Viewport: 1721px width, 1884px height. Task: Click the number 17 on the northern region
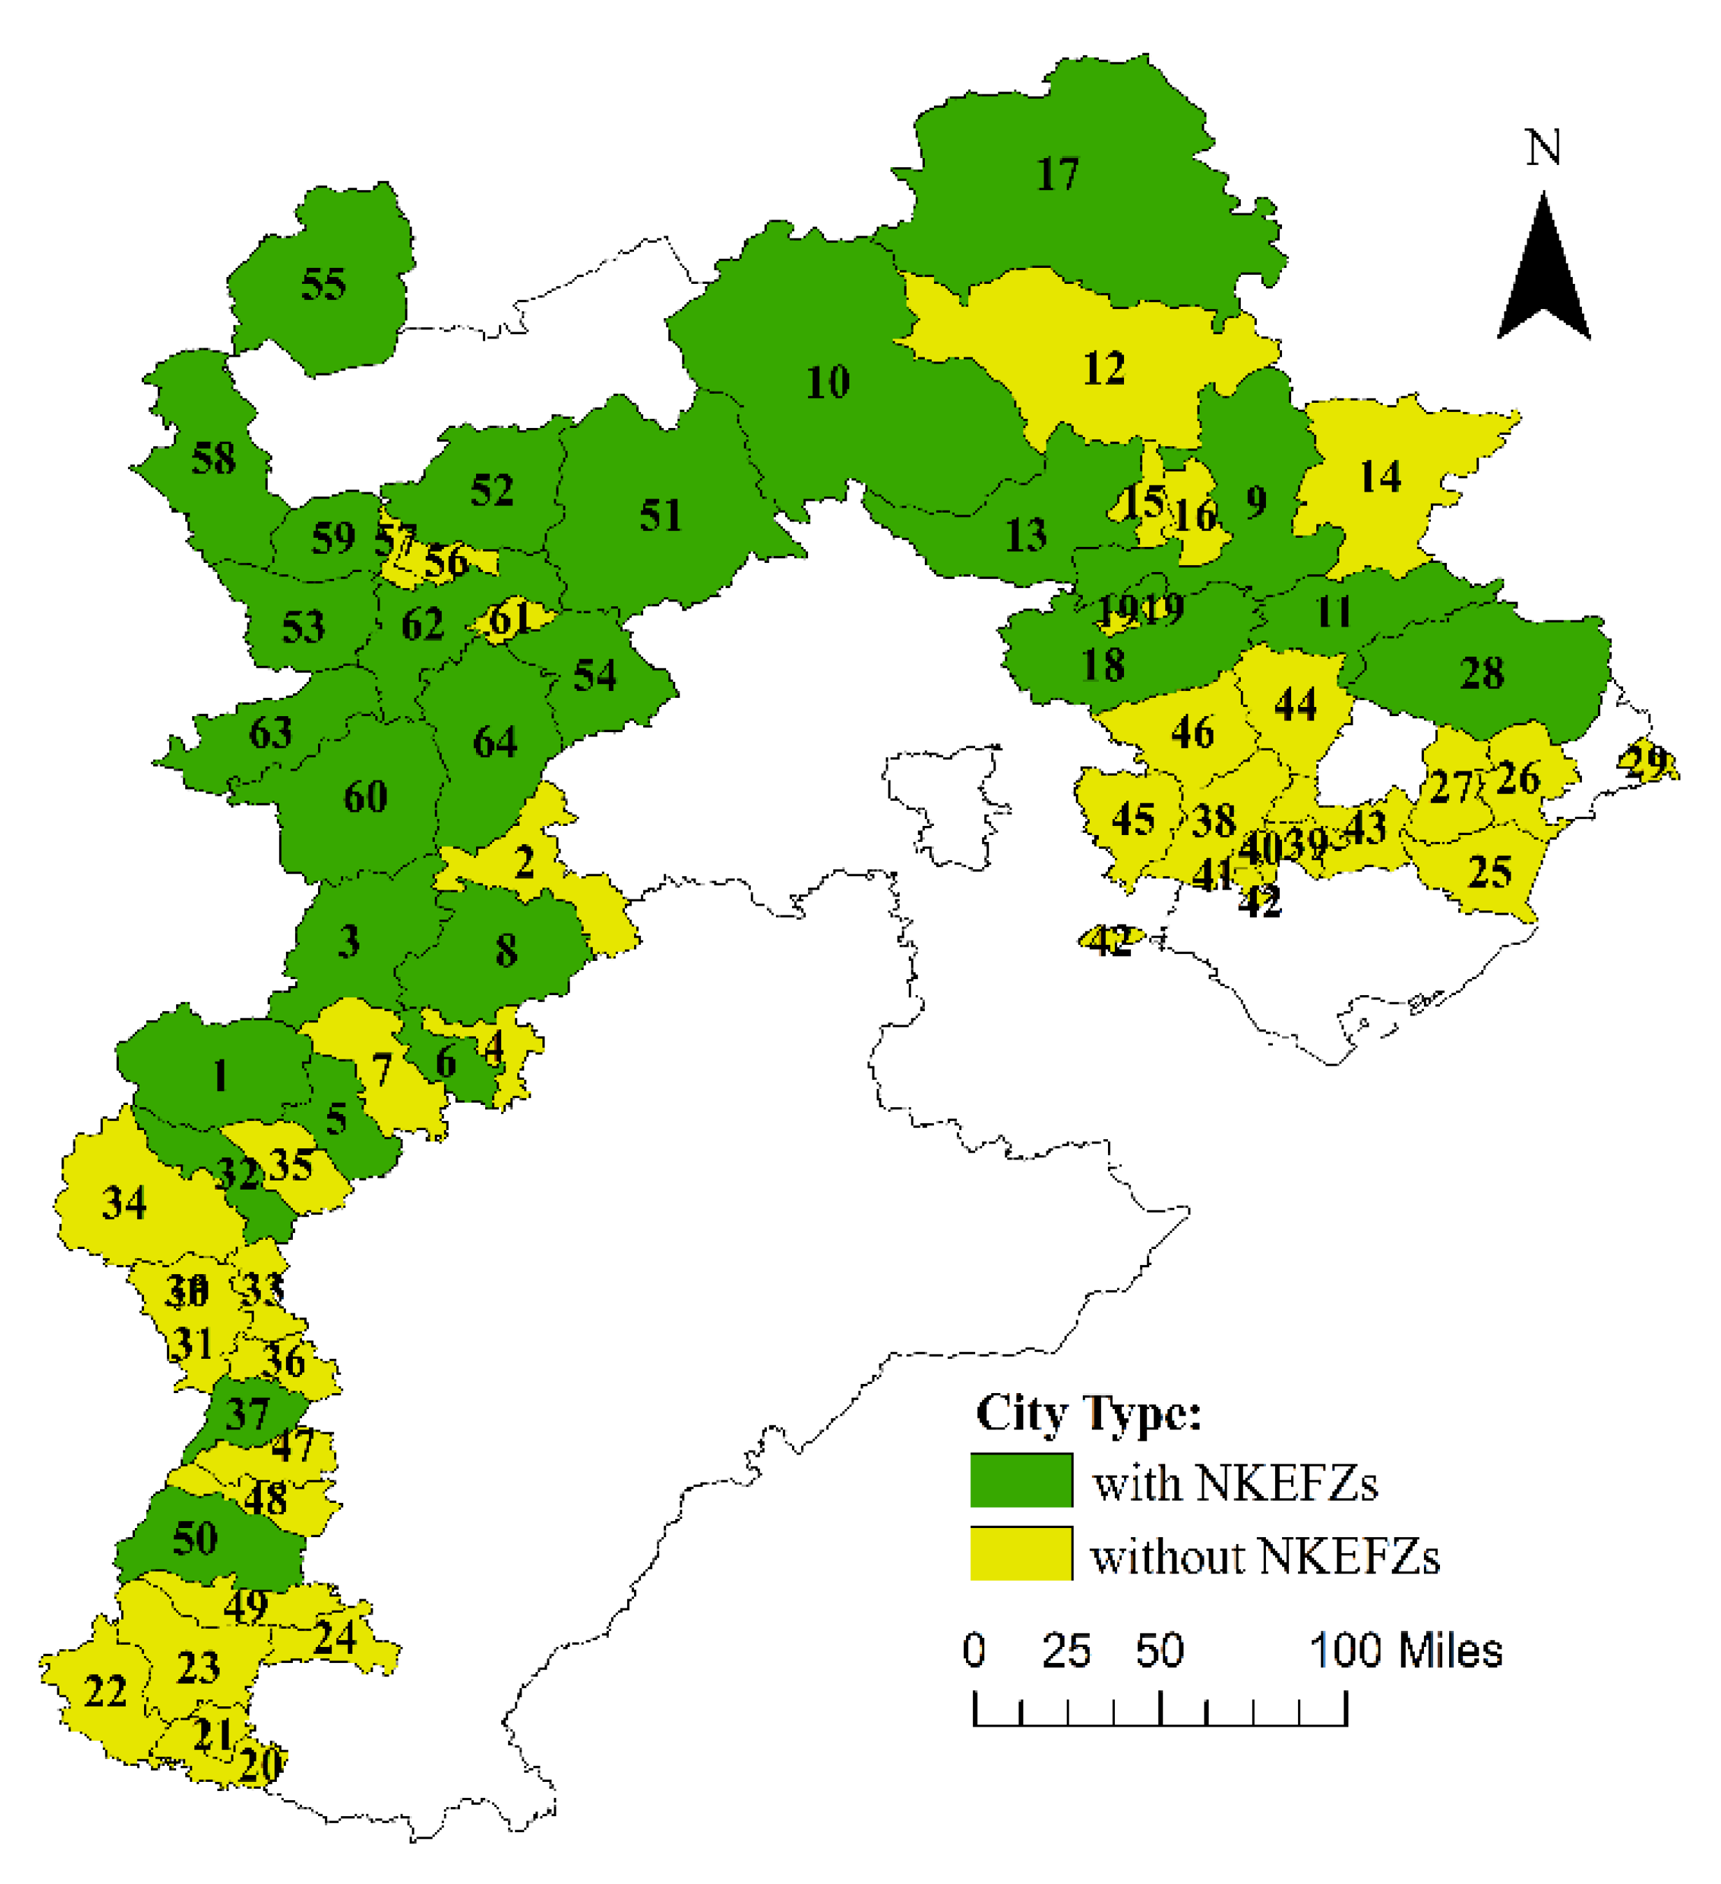[x=1057, y=175]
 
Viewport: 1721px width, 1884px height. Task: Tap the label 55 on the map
[x=323, y=284]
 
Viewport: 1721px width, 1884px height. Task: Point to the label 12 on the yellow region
[x=1104, y=369]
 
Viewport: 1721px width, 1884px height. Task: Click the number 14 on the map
[x=1380, y=478]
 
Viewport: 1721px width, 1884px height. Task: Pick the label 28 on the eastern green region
[x=1482, y=673]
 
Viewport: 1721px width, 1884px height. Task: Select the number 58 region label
[x=213, y=459]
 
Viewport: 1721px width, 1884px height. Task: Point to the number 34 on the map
[x=124, y=1204]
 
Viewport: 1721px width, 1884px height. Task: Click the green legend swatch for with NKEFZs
[x=1021, y=1480]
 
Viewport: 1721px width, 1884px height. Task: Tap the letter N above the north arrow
[x=1543, y=148]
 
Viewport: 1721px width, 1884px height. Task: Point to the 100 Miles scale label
[x=1407, y=1651]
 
